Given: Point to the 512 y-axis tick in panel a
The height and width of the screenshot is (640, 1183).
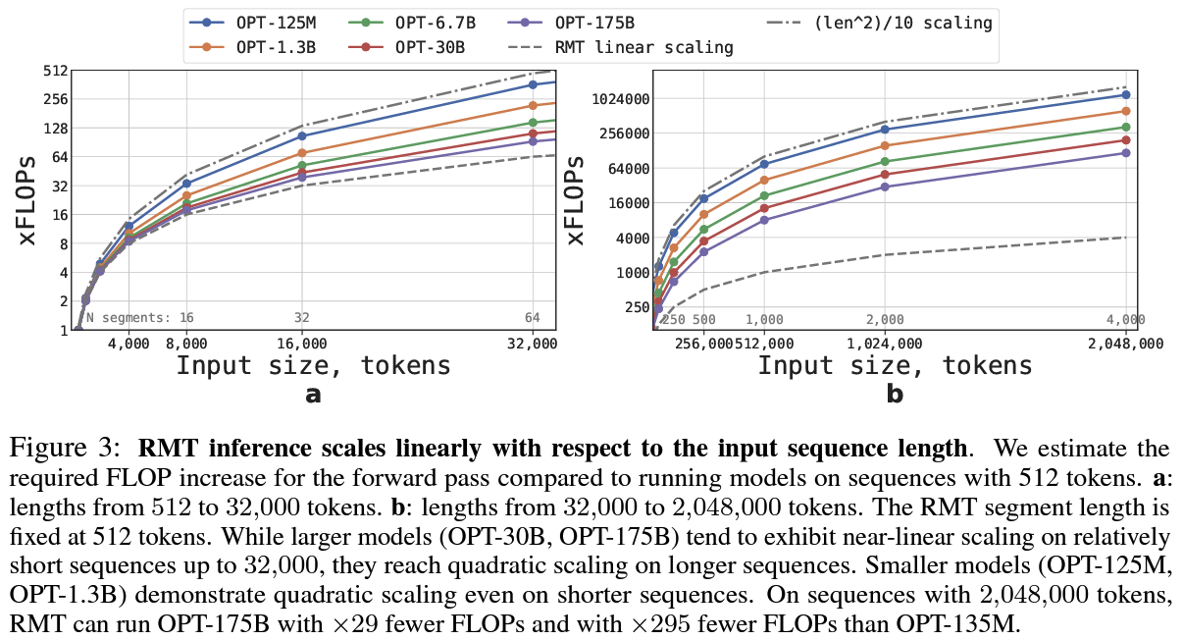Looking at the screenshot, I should point(53,71).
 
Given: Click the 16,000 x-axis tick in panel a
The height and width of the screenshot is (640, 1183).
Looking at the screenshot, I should point(301,343).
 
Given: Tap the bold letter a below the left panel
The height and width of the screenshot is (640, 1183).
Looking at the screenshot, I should point(313,395).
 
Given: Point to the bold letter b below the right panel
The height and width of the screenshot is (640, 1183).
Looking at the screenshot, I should point(895,395).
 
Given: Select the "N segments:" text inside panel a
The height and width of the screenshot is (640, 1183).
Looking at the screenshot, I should point(129,318).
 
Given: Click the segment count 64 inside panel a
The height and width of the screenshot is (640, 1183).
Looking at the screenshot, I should point(533,318).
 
